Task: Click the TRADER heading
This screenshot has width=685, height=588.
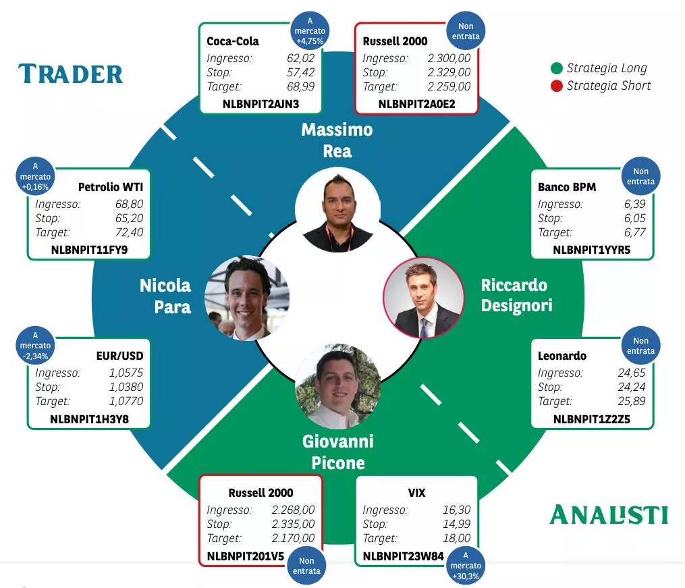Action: [71, 74]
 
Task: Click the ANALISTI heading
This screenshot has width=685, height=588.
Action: [609, 514]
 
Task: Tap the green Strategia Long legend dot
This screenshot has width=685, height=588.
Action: [557, 68]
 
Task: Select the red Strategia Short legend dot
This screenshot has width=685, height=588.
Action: [557, 86]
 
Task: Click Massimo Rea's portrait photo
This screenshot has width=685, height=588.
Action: [337, 210]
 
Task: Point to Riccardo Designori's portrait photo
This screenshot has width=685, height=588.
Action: [424, 297]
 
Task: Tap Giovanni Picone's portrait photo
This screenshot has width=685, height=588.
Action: [338, 385]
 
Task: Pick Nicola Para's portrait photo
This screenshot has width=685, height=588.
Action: [246, 298]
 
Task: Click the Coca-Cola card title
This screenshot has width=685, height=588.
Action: [233, 41]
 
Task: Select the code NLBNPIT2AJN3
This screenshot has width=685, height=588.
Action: [261, 104]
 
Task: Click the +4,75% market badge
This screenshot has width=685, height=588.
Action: [310, 30]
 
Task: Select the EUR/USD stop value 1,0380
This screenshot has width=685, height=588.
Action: [126, 387]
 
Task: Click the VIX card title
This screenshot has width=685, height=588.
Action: [416, 493]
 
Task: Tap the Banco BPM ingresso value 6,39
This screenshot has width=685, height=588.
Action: [636, 204]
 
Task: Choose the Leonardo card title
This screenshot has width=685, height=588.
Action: [562, 356]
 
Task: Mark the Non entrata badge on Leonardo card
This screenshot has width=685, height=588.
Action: [640, 346]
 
